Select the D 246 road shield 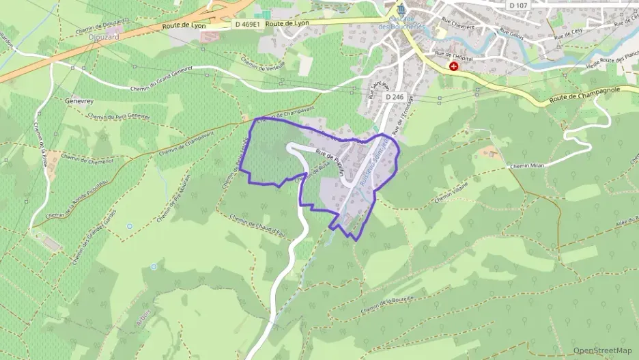tap(393, 97)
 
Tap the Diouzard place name tap(104, 37)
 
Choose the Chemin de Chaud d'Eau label tap(256, 226)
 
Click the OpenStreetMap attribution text tap(603, 350)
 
